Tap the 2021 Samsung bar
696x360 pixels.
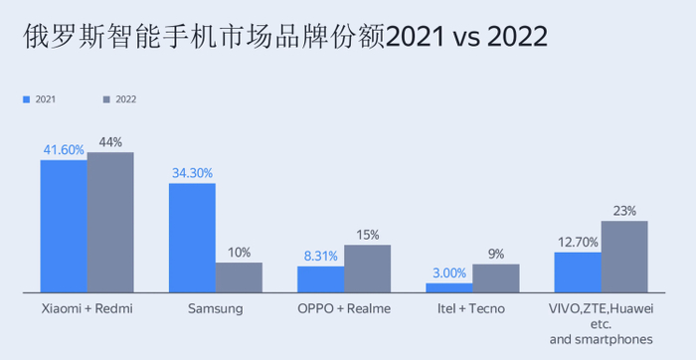(192, 238)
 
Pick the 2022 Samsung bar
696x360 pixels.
(239, 277)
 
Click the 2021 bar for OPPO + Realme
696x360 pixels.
(320, 279)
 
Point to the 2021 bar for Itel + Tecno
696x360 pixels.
(448, 287)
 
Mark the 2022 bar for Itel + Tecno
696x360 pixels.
(495, 277)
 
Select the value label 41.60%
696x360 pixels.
(63, 150)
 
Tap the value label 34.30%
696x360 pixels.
(192, 173)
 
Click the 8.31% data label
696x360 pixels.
(320, 257)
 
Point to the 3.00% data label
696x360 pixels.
(448, 272)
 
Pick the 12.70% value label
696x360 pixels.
(578, 242)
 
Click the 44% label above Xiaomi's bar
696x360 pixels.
(110, 142)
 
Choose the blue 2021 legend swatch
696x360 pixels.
(27, 99)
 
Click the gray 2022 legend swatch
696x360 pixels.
(107, 99)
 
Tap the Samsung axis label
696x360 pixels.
(215, 309)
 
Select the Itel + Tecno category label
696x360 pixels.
(471, 309)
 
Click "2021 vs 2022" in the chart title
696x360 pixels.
(466, 38)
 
